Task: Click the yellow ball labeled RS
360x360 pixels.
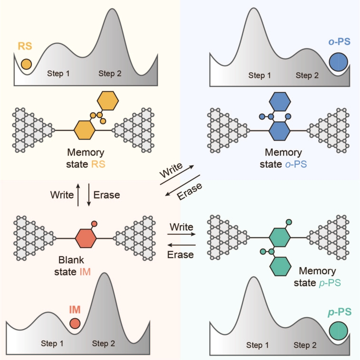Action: (26, 64)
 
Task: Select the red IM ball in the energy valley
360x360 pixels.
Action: (75, 323)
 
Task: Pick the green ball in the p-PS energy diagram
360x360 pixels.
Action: (338, 330)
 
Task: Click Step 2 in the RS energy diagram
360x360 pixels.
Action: (110, 73)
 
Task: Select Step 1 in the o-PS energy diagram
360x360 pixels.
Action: (260, 75)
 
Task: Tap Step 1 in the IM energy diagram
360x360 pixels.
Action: (52, 343)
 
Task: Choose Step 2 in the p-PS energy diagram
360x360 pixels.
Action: (305, 345)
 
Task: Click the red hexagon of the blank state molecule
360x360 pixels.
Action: (86, 238)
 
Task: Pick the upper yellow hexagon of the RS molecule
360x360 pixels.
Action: (108, 101)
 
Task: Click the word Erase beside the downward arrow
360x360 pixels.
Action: (106, 195)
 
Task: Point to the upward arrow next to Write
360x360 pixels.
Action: (79, 195)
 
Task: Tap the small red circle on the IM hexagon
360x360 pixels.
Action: (94, 223)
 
